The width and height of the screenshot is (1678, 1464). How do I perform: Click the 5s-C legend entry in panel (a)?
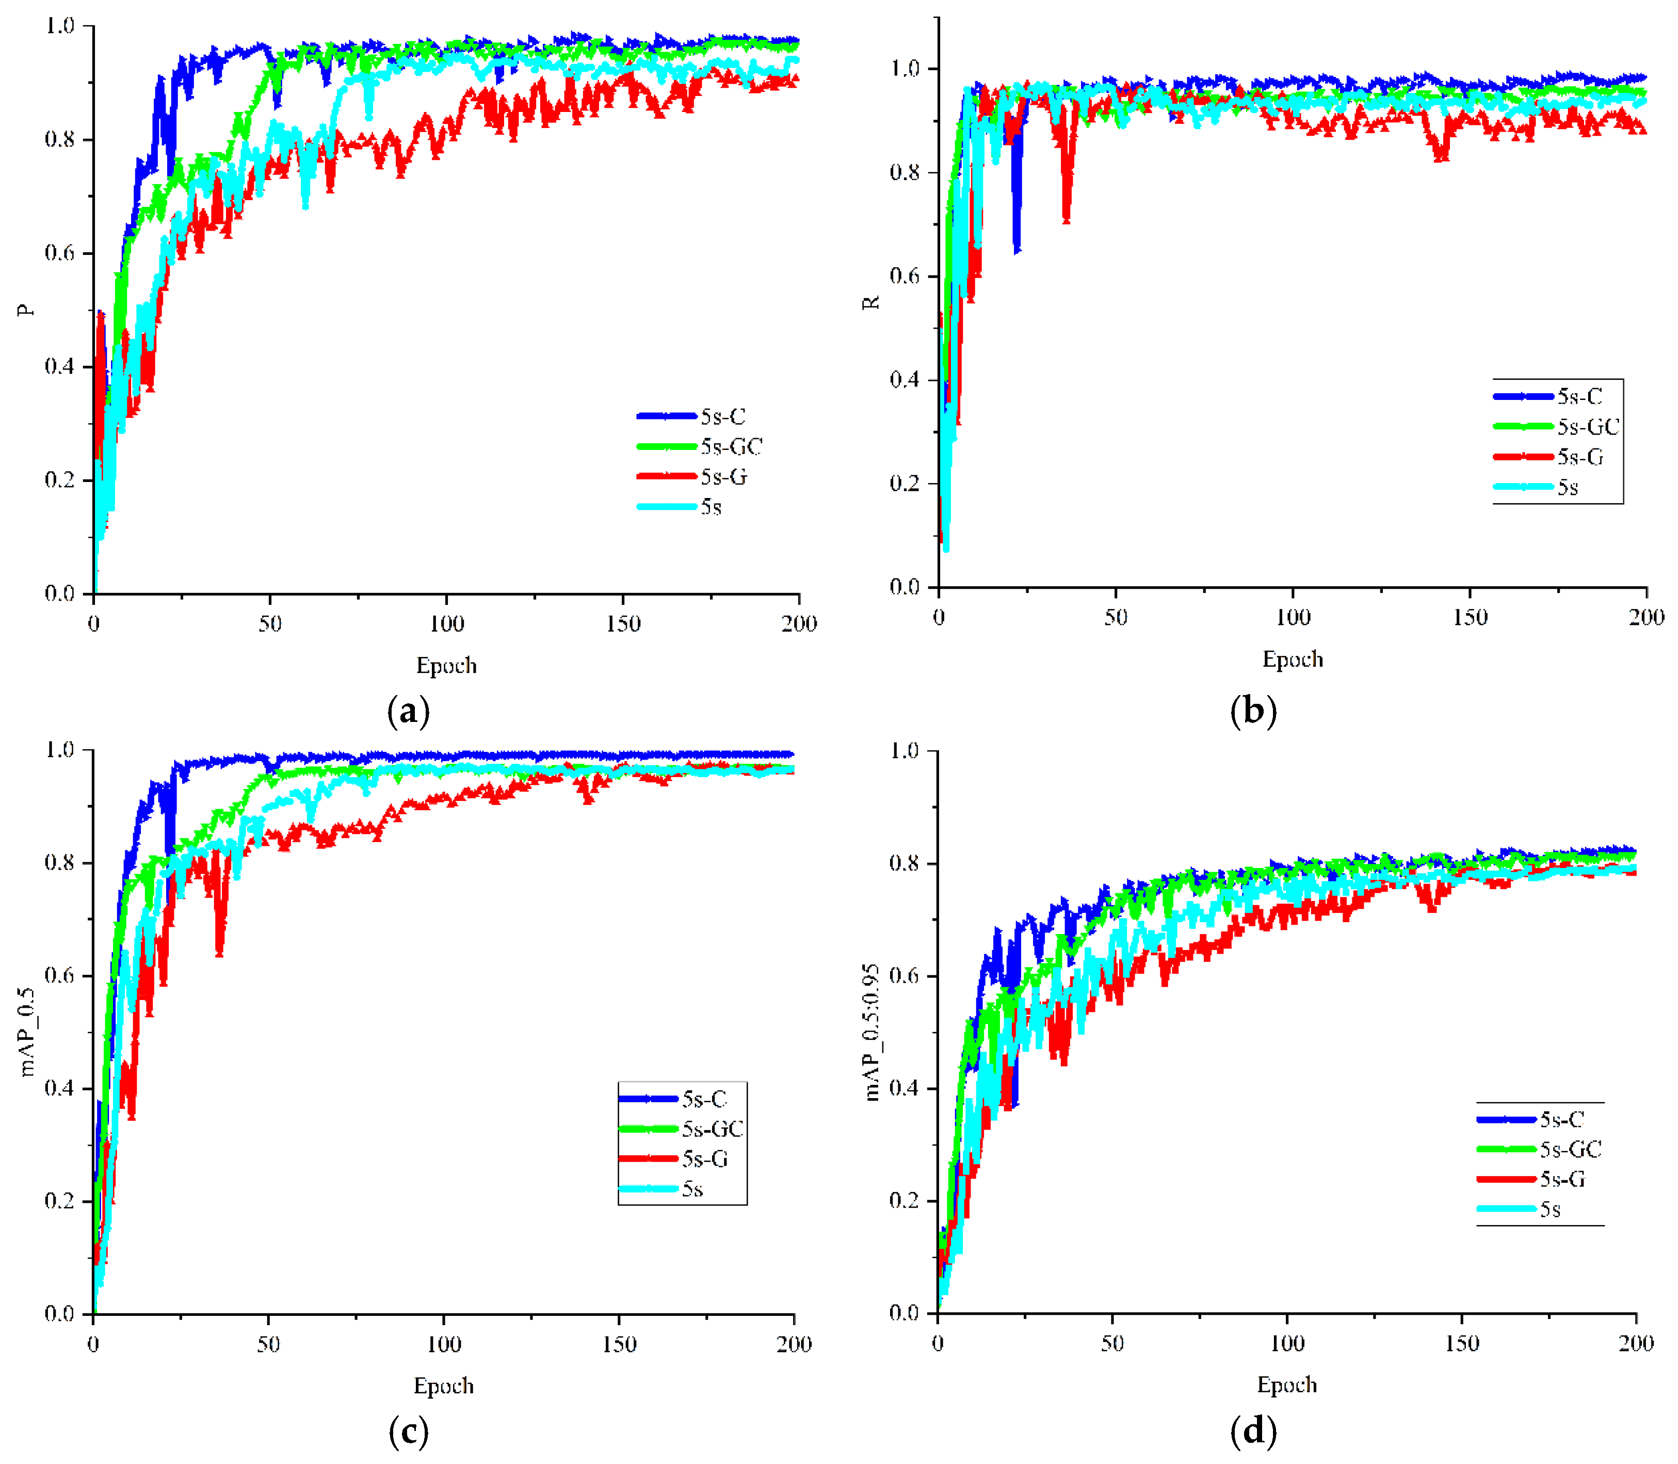click(x=722, y=416)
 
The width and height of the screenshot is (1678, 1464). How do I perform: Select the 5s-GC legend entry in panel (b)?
click(x=1587, y=426)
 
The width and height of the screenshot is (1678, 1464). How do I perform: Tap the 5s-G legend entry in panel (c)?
click(x=704, y=1159)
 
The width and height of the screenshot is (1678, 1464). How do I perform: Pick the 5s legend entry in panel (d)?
click(x=1550, y=1209)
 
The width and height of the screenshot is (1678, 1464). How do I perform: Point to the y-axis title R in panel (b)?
click(x=873, y=302)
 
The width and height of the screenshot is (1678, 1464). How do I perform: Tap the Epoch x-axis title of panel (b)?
click(x=1293, y=659)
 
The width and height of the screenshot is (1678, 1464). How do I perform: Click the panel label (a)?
click(x=409, y=711)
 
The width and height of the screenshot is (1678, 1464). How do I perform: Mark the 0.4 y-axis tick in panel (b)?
click(x=905, y=380)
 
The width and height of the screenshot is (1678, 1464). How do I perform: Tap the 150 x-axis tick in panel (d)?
click(x=1461, y=1343)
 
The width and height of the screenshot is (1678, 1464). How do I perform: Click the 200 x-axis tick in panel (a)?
click(x=798, y=624)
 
